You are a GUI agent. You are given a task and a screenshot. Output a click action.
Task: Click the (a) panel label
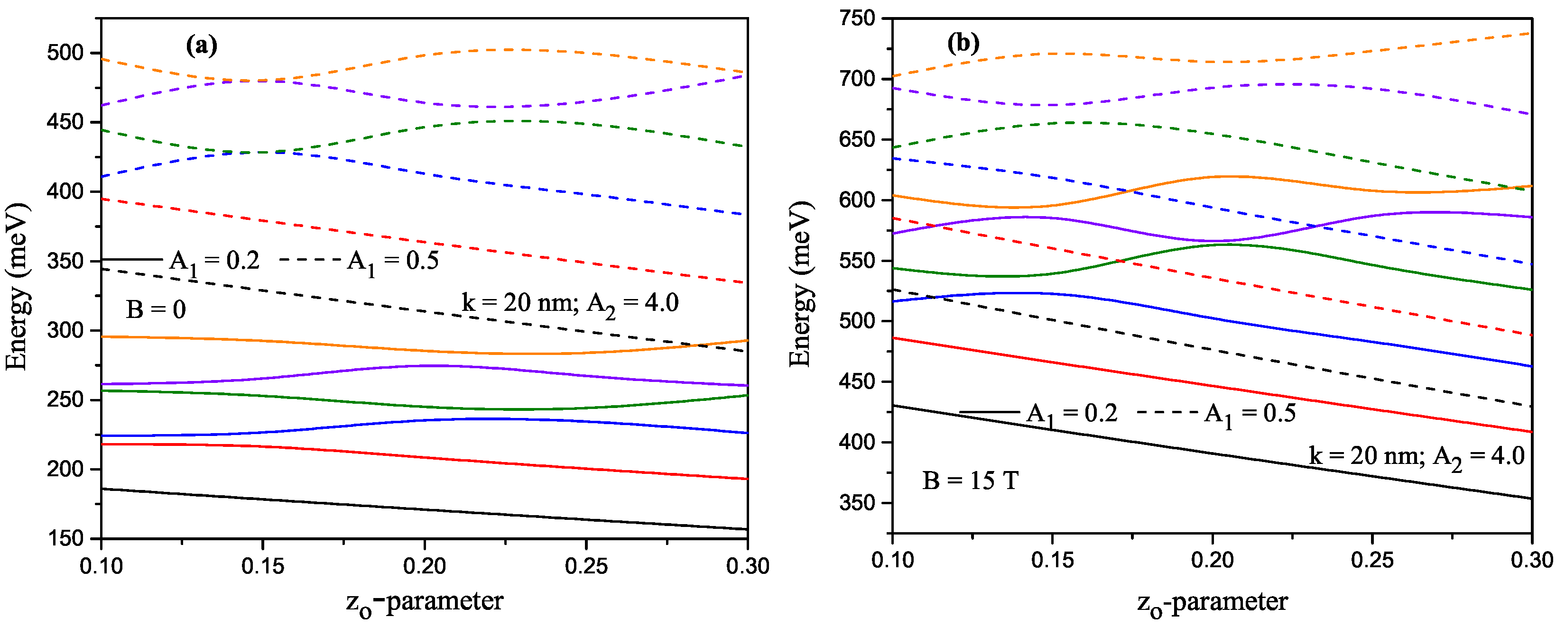point(201,45)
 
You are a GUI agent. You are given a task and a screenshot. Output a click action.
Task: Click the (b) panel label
point(963,43)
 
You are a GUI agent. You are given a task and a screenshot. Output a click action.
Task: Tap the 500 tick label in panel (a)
point(65,53)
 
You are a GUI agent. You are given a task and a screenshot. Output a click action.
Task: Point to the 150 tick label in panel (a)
point(65,538)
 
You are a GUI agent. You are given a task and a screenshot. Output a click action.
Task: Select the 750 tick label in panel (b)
point(857,18)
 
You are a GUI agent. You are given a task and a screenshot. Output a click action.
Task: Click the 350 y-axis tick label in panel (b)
point(857,503)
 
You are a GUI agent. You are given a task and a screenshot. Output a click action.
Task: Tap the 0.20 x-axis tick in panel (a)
point(425,566)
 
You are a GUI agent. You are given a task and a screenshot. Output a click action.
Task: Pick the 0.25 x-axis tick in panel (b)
point(1372,561)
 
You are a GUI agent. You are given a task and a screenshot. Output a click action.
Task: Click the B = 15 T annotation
point(970,481)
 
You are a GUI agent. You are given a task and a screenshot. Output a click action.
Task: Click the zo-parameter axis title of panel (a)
point(425,602)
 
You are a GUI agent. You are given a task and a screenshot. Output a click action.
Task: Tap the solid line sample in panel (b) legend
point(990,412)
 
